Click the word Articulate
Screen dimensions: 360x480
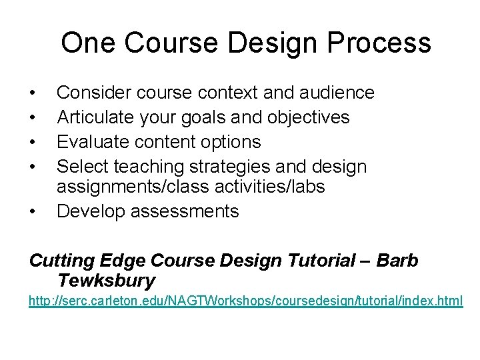(95, 117)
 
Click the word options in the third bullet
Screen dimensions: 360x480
(233, 141)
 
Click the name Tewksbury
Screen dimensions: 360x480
(107, 280)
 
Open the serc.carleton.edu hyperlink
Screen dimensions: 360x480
(245, 301)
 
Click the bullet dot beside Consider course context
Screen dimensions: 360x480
(32, 93)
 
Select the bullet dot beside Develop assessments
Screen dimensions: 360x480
(32, 212)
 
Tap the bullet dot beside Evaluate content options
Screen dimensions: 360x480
(32, 142)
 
